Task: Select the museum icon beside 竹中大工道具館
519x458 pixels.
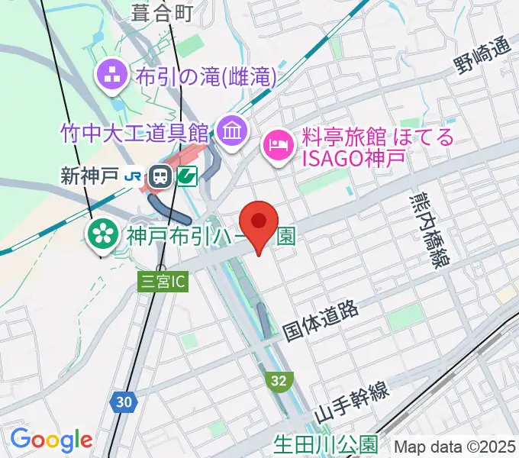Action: [230, 132]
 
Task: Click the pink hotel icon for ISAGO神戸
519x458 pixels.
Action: [279, 144]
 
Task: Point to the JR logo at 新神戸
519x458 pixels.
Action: [134, 177]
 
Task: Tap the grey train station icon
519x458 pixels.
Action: [161, 177]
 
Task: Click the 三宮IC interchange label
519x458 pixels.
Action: [163, 282]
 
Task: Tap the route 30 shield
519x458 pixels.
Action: [124, 402]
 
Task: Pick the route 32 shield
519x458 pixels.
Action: [279, 379]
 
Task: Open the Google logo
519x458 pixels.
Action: [51, 440]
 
